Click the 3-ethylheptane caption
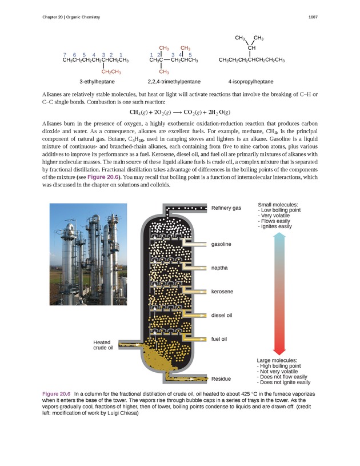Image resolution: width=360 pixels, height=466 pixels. pos(97,82)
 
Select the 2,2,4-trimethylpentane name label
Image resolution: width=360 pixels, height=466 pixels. pos(174,82)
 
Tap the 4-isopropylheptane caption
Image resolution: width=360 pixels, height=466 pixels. pos(251,82)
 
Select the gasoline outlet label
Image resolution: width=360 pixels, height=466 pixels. pos(221,244)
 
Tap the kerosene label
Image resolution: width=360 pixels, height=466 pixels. pos(222,292)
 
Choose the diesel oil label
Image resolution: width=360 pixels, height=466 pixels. pos(222,315)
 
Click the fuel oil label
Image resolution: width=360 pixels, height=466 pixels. pos(219,339)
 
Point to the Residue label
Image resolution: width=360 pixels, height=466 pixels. pos(221,379)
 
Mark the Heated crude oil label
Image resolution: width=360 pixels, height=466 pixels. pos(103,345)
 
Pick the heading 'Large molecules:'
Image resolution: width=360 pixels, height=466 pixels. pos(277,360)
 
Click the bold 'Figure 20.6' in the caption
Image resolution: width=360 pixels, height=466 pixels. pos(56,395)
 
